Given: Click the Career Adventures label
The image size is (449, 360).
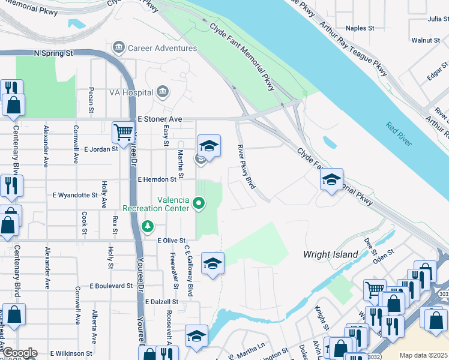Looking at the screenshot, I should [x=155, y=47].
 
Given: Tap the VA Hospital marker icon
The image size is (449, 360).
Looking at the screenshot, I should [x=161, y=92].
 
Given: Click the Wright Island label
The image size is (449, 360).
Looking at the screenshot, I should [x=331, y=254].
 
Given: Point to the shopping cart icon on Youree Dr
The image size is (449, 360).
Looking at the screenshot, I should [x=123, y=131].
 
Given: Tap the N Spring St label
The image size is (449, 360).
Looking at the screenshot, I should [x=53, y=53].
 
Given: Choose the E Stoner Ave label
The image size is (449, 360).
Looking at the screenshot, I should [x=159, y=119].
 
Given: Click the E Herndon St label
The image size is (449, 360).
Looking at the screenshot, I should [x=157, y=179].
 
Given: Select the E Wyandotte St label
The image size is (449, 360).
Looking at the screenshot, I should [x=75, y=195].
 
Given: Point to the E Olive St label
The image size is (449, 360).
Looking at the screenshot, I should [x=171, y=240].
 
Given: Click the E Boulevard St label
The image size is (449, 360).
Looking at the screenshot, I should [x=111, y=286].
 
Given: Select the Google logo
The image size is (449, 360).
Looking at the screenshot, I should [x=19, y=353].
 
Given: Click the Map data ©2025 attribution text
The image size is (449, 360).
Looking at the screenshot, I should [x=423, y=355].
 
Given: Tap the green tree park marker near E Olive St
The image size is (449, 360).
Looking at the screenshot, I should [x=147, y=226].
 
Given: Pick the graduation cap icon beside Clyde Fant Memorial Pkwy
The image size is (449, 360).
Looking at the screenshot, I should [x=331, y=179].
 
